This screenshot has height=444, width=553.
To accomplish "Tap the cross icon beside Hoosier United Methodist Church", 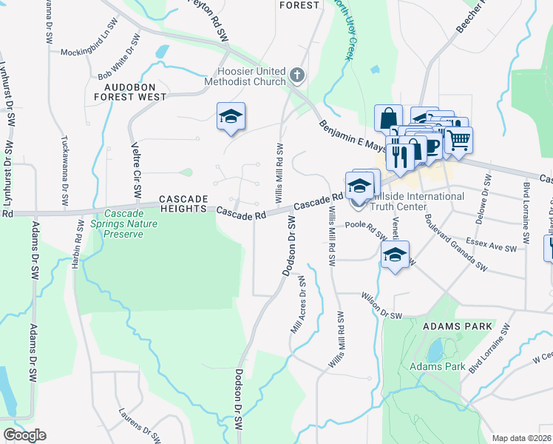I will (296, 75).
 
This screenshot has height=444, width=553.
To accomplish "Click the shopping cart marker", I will (459, 138).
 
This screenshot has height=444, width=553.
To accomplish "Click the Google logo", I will (24, 435).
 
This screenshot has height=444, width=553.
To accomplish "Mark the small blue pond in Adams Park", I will (435, 348).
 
